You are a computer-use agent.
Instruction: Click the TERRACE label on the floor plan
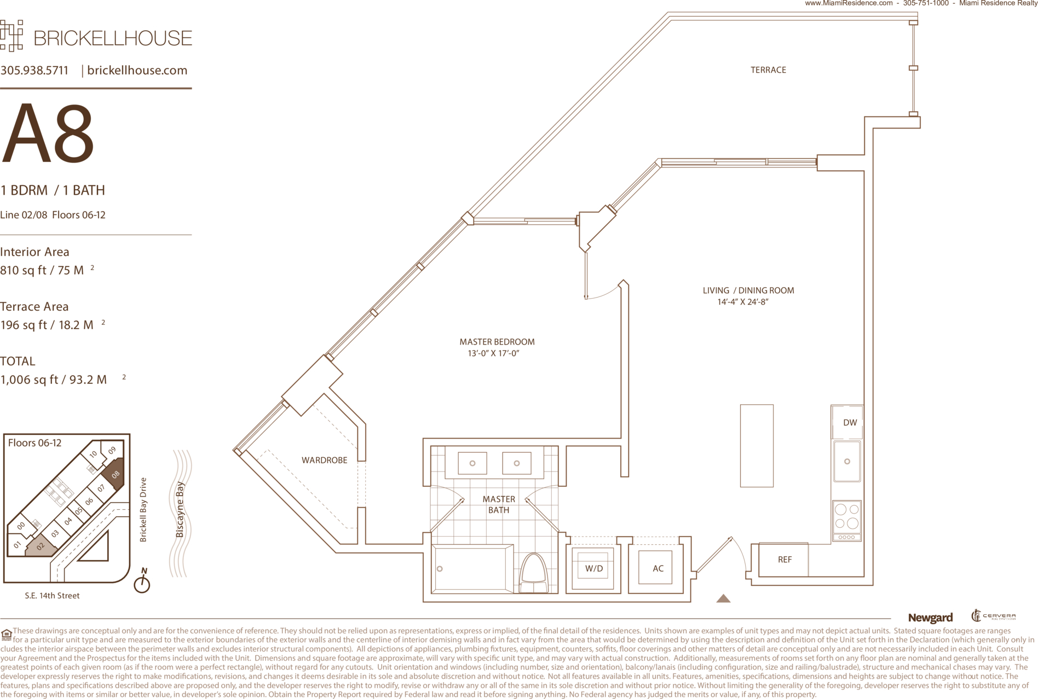tap(768, 70)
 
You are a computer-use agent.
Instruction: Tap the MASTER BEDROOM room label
tap(497, 342)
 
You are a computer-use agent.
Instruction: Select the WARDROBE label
tap(324, 460)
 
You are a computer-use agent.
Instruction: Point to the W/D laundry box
tap(593, 568)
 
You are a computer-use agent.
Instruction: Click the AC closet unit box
tap(655, 568)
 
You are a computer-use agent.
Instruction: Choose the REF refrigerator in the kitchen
tap(783, 560)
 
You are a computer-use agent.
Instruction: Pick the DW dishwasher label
tap(850, 422)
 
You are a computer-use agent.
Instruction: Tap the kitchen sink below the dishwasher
tap(847, 461)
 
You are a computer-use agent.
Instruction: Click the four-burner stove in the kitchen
tap(846, 521)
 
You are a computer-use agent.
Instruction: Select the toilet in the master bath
tap(534, 573)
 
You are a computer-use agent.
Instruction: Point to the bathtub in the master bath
tap(472, 569)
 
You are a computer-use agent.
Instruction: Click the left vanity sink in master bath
tap(472, 463)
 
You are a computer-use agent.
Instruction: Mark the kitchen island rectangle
tap(757, 446)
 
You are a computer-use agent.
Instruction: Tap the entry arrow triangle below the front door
tap(723, 598)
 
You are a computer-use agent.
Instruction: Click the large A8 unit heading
tap(48, 133)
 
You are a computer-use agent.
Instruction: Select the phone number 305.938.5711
tap(34, 71)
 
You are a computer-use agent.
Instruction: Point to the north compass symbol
tap(142, 581)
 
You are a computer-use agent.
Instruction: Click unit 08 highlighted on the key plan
tap(114, 473)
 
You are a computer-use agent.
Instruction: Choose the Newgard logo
tap(930, 618)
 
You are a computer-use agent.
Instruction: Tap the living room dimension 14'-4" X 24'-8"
tap(743, 302)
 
